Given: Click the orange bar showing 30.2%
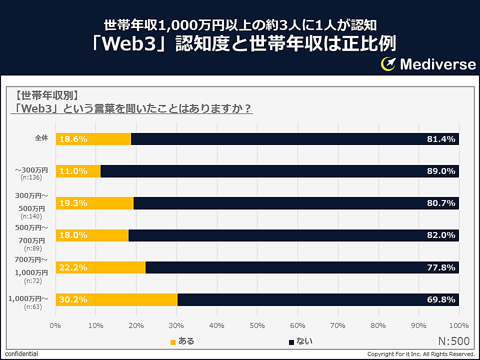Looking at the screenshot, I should point(116,299).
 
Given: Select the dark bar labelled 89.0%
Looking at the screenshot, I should point(279,171).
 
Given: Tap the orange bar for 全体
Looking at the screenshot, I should point(93,139).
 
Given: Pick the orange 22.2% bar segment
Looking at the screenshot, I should point(100,267).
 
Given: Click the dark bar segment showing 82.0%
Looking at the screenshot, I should point(293,235).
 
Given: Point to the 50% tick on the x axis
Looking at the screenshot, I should point(257,326).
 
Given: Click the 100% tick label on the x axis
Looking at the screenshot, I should point(458,326).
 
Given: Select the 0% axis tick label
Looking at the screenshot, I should point(55,326).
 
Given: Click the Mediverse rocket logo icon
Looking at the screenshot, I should point(388,64).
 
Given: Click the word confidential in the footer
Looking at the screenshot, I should point(21,354).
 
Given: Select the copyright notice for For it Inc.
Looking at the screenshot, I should point(421,354).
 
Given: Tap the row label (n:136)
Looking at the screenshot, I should point(31,177).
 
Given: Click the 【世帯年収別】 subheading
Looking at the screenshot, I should point(46,95).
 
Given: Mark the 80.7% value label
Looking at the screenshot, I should point(440,203).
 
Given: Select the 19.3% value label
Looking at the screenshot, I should point(73,203).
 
